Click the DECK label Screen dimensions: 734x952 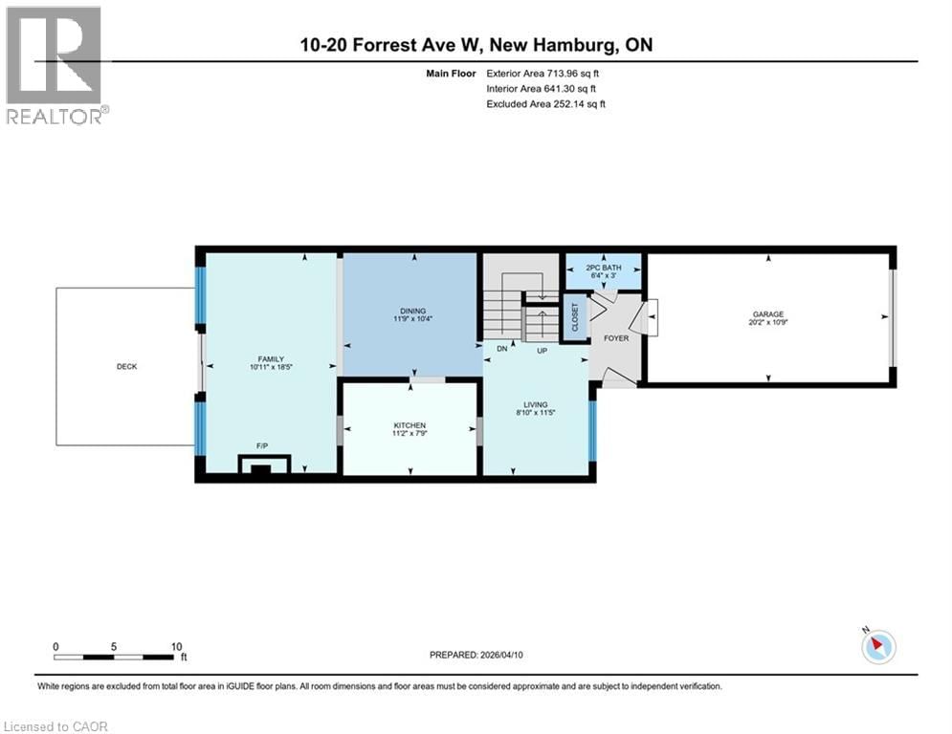[127, 366]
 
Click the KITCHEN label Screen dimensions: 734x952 [410, 425]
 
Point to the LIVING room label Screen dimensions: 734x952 [536, 404]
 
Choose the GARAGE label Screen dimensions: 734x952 [768, 313]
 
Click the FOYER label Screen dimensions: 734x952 [616, 338]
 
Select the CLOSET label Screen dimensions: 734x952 [575, 318]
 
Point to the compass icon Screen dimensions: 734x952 [877, 647]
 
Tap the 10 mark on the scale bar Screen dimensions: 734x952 [175, 646]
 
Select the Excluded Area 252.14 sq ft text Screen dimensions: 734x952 [546, 103]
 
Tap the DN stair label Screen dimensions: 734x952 [500, 349]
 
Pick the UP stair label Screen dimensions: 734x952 [541, 349]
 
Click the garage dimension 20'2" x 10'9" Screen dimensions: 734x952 [768, 322]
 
